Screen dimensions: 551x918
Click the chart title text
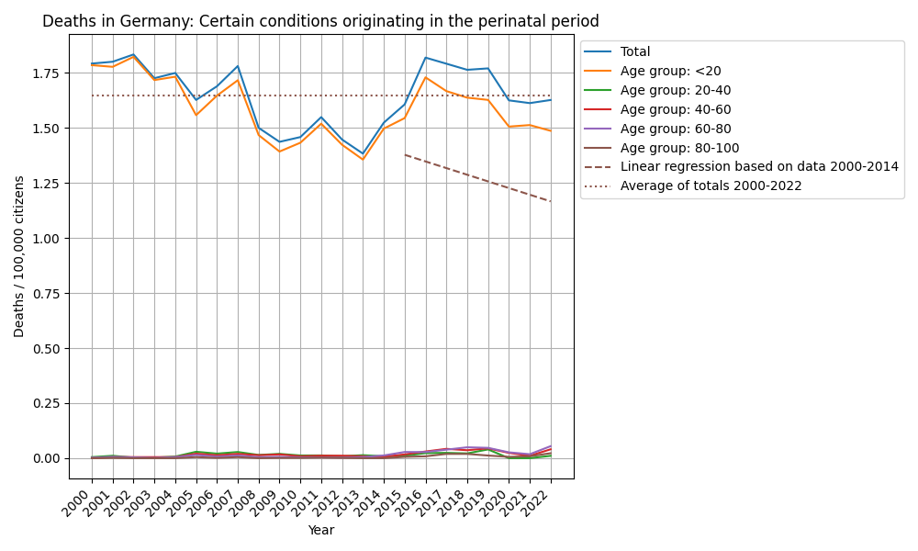[320, 21]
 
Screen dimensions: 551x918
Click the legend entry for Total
[635, 52]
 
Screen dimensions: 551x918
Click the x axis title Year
[321, 530]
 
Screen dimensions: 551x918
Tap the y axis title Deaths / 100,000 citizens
[19, 256]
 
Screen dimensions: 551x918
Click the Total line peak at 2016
[425, 58]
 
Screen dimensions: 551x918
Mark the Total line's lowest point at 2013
[363, 154]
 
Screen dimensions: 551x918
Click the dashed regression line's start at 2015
[405, 154]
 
